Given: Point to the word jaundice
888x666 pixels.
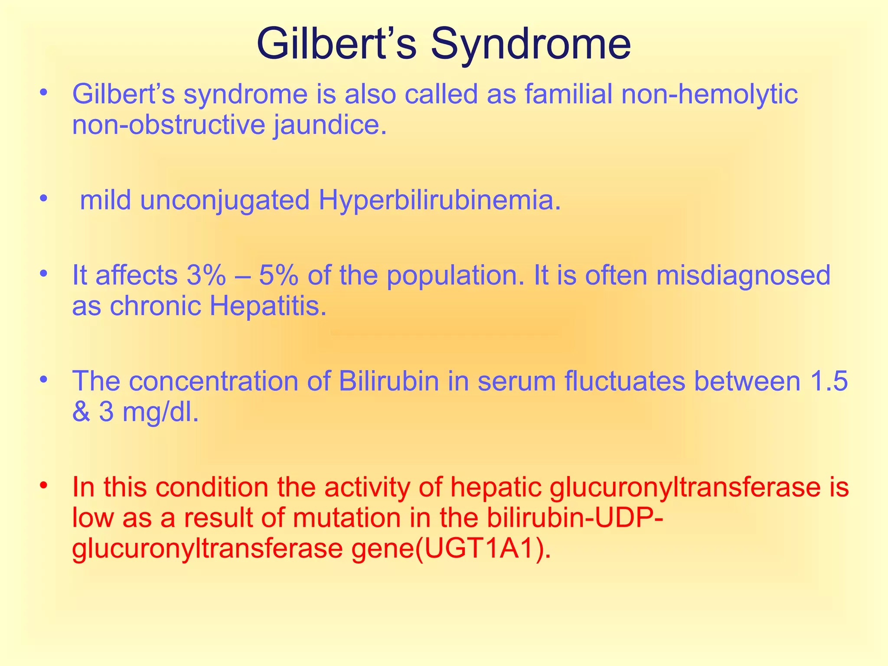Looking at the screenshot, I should pyautogui.click(x=330, y=125).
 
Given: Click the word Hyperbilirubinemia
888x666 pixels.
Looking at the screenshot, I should pyautogui.click(x=439, y=201).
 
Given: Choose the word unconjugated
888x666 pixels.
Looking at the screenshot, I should pyautogui.click(x=225, y=201).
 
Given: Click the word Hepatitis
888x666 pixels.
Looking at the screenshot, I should pyautogui.click(x=268, y=306).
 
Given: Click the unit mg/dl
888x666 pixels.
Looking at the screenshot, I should pyautogui.click(x=160, y=412).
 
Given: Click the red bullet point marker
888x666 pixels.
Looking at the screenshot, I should pyautogui.click(x=42, y=484).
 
